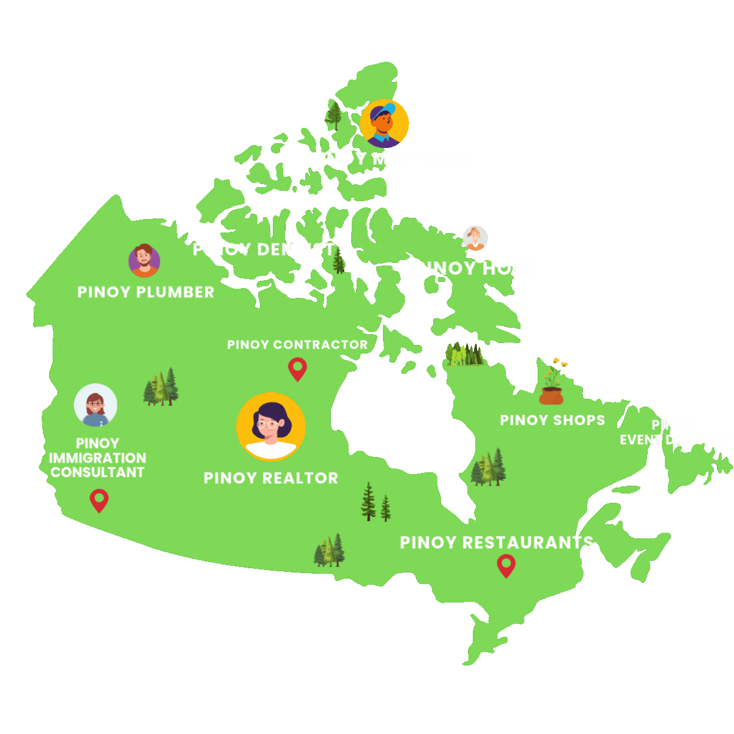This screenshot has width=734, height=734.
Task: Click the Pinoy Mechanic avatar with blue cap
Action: tap(384, 124)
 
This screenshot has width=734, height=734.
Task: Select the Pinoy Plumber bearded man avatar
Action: tap(144, 261)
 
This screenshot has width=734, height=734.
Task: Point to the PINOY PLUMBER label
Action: tap(146, 292)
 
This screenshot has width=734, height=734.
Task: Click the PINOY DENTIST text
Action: tap(264, 249)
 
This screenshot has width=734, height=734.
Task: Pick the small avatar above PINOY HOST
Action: tap(475, 238)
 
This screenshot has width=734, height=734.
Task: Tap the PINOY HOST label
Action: tap(475, 268)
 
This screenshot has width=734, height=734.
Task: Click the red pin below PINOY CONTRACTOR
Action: tap(297, 369)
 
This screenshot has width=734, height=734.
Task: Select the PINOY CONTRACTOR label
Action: tap(297, 345)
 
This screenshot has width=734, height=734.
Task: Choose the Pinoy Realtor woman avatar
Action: tap(270, 426)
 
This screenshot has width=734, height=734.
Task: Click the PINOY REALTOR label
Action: tap(271, 478)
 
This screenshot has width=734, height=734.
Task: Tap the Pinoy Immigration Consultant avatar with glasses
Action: tap(95, 405)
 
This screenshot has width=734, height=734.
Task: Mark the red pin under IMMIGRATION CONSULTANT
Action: tap(99, 500)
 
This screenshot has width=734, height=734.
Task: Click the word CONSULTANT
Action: tap(98, 472)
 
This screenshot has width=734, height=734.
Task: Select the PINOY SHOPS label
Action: tap(552, 420)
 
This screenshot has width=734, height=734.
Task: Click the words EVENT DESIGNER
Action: tap(675, 440)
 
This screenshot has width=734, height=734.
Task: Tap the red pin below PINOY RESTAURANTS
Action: tap(506, 566)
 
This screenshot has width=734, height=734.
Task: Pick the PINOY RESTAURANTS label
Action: tap(496, 543)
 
